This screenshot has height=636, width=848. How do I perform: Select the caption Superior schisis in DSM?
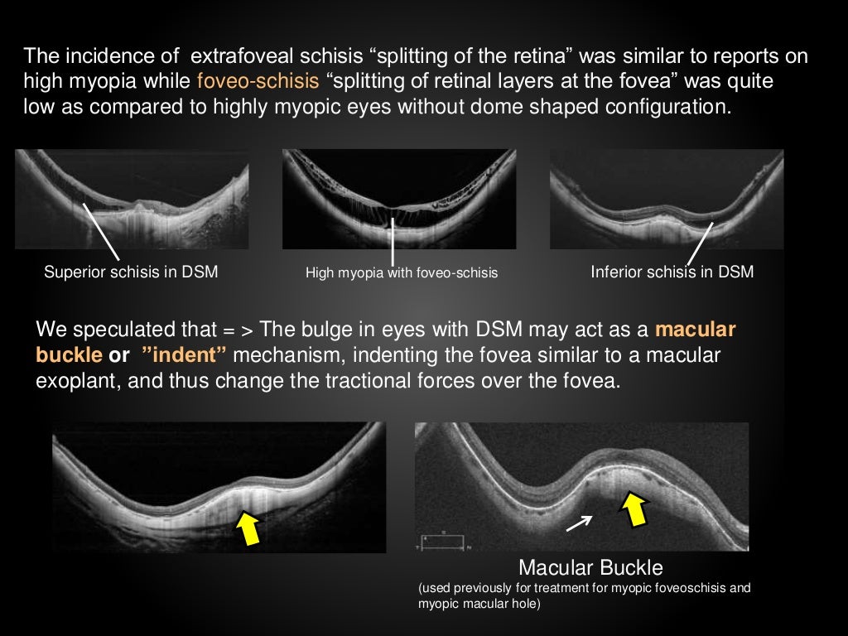[x=131, y=272]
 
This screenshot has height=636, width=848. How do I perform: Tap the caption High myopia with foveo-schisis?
[x=402, y=272]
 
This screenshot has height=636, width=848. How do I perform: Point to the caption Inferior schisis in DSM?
[x=672, y=272]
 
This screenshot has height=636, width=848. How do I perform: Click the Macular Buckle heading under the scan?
[x=590, y=568]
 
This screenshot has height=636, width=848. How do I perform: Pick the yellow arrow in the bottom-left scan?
[x=248, y=527]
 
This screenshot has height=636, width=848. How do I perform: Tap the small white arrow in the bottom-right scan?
[x=579, y=523]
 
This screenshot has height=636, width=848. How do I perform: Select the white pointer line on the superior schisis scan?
[x=101, y=230]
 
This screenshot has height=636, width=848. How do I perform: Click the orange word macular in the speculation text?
[x=695, y=329]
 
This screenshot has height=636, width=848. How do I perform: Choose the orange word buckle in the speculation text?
[x=70, y=356]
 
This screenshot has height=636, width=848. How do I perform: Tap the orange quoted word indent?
[x=183, y=356]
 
